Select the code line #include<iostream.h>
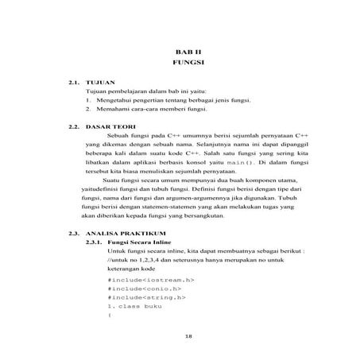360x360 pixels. tap(149, 280)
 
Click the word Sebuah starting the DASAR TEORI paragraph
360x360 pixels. tap(119, 136)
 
